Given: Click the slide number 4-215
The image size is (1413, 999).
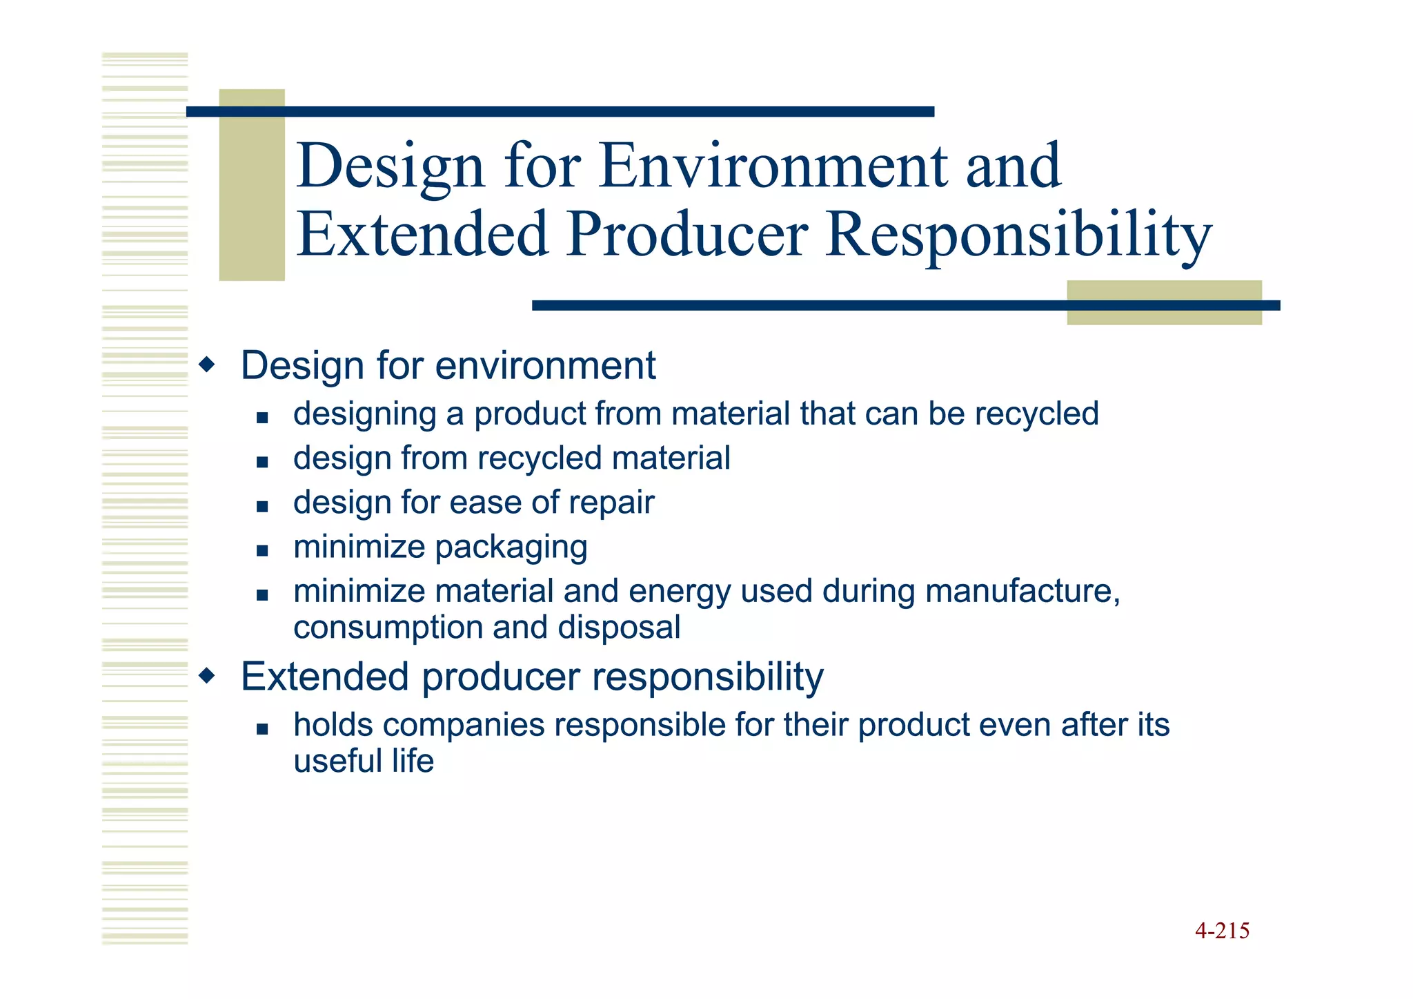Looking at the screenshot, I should click(x=1222, y=931).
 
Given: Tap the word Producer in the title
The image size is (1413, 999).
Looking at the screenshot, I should click(x=687, y=235).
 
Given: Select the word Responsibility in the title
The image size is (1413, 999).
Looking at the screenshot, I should click(x=1018, y=235).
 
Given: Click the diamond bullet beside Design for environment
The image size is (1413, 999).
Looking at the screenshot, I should click(x=206, y=364).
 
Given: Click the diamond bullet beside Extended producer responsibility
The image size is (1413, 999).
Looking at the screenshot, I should click(x=206, y=675).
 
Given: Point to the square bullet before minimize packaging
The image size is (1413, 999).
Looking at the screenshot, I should click(x=261, y=550).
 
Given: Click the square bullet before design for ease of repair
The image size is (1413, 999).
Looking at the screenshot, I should click(x=261, y=506).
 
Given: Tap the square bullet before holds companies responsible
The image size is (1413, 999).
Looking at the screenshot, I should click(x=261, y=728).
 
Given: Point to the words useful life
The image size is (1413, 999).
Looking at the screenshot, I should click(x=364, y=761).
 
